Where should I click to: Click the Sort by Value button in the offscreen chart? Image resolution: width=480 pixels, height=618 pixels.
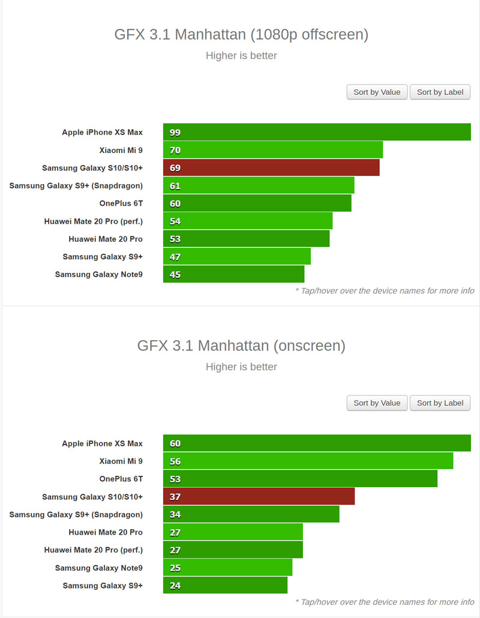[377, 92]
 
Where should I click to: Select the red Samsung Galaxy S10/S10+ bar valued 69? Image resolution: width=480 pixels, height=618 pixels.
[271, 168]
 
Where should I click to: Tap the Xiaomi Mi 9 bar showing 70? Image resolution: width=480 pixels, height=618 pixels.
[273, 150]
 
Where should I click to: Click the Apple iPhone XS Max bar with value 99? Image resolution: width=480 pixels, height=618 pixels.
[317, 132]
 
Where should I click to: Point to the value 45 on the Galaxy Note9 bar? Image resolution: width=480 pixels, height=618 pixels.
[175, 275]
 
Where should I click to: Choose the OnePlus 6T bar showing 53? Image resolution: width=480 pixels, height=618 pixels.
[300, 479]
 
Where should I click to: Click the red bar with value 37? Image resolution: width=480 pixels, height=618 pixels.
[259, 497]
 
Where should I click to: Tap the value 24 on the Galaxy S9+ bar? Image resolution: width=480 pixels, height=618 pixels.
[175, 586]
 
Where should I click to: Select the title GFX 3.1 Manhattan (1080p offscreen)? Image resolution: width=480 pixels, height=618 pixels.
[241, 34]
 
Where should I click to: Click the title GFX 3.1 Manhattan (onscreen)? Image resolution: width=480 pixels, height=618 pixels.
[241, 346]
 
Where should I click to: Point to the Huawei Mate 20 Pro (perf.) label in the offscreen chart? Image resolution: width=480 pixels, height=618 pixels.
[94, 221]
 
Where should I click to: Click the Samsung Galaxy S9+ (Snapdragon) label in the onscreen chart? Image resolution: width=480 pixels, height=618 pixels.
[76, 514]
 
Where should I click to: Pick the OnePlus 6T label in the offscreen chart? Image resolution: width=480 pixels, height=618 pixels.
[121, 203]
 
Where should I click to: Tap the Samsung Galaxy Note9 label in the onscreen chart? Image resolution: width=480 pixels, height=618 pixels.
[99, 568]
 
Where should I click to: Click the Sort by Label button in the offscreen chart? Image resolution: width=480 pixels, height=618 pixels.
[440, 92]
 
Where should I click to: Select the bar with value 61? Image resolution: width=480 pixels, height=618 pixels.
[259, 185]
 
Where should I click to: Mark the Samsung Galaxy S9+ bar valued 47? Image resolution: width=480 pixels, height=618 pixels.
[237, 257]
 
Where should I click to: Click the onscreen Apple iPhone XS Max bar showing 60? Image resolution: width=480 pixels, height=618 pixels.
[317, 443]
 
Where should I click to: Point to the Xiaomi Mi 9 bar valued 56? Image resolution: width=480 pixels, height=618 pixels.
[308, 461]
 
